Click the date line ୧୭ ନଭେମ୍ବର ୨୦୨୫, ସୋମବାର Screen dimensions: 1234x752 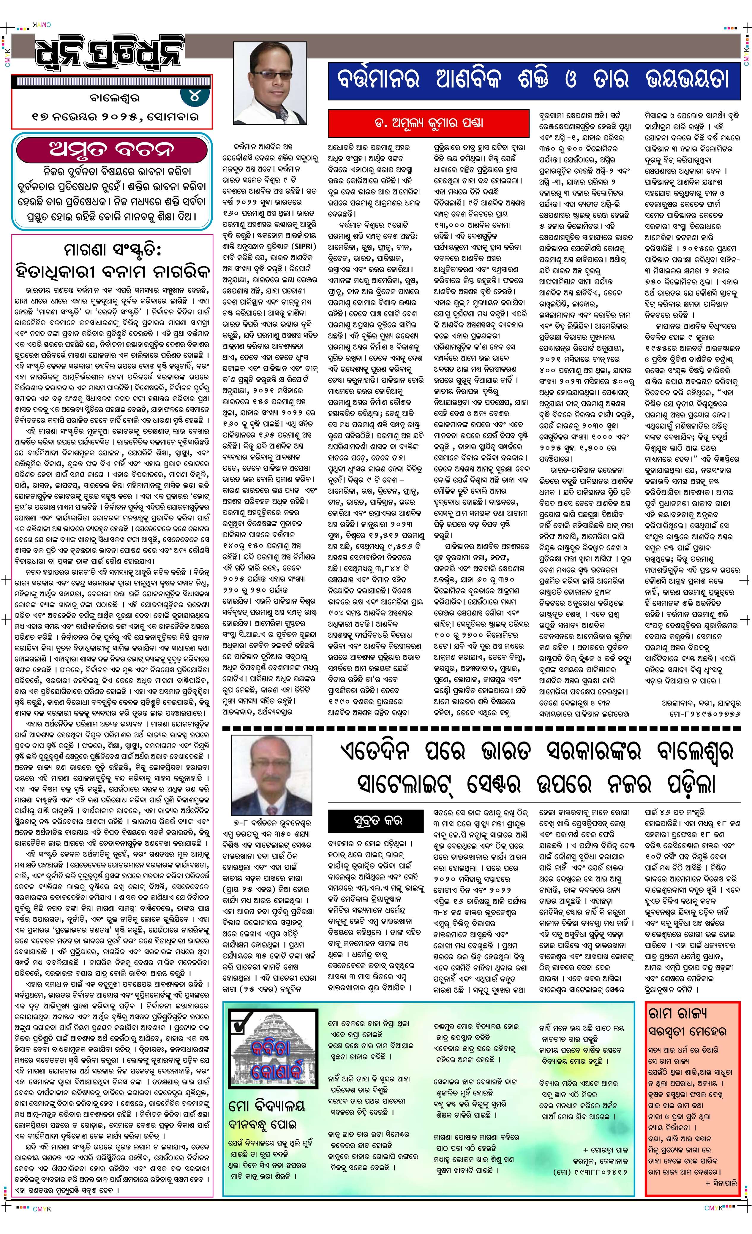tap(115, 117)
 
